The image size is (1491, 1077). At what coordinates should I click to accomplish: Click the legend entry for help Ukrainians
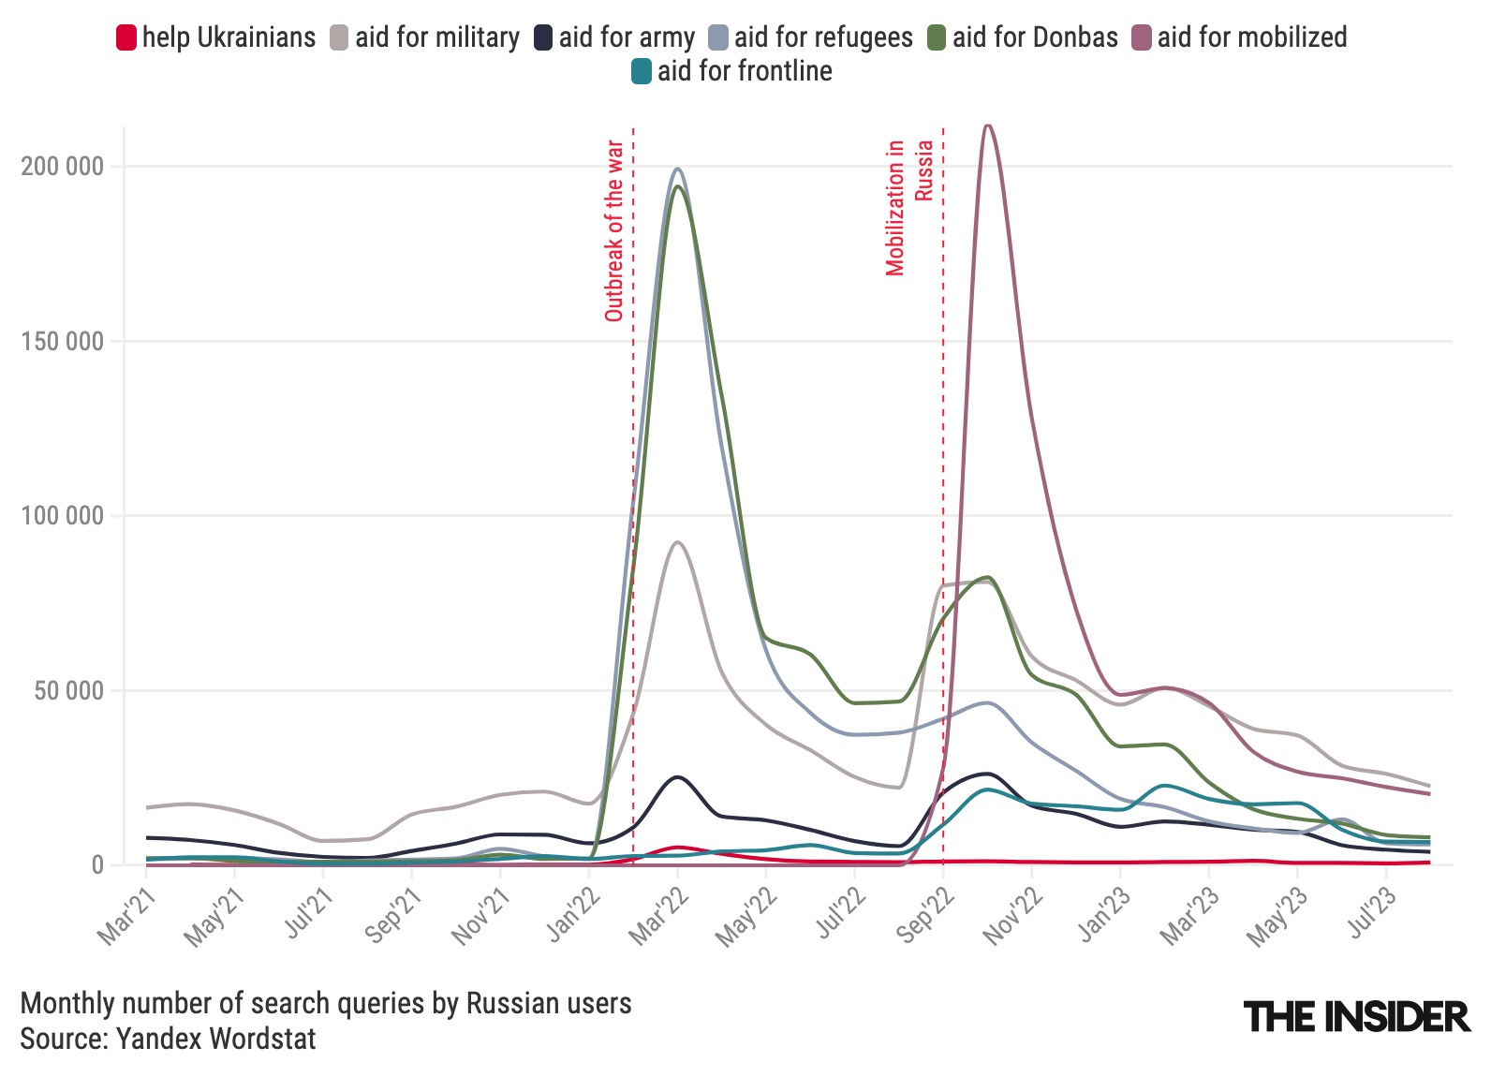[216, 37]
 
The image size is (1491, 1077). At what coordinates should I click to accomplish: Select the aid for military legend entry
[426, 37]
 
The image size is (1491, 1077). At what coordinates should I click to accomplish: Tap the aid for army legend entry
[615, 37]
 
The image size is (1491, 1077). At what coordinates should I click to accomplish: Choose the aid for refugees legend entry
[811, 37]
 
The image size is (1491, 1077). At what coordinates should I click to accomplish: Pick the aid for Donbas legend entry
[1024, 37]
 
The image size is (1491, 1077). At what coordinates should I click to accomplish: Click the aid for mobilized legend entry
[1240, 37]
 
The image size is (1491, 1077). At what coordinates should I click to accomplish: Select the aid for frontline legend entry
[732, 71]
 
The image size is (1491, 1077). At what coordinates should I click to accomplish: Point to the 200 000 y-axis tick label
[62, 167]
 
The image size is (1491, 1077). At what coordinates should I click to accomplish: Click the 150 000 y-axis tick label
[62, 342]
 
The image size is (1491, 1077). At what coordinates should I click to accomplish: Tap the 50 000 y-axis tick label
[67, 691]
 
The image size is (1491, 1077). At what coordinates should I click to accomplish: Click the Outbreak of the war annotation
[614, 230]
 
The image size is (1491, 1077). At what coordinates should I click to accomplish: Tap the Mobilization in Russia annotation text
[908, 207]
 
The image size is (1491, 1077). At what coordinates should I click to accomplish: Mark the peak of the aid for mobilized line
[987, 125]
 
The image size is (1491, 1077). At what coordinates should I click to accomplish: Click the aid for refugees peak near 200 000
[677, 169]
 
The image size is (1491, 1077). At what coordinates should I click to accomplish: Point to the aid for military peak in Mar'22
[677, 542]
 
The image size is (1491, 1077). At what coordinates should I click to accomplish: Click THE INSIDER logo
[1356, 1016]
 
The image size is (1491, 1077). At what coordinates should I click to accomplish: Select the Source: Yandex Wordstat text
[169, 1039]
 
